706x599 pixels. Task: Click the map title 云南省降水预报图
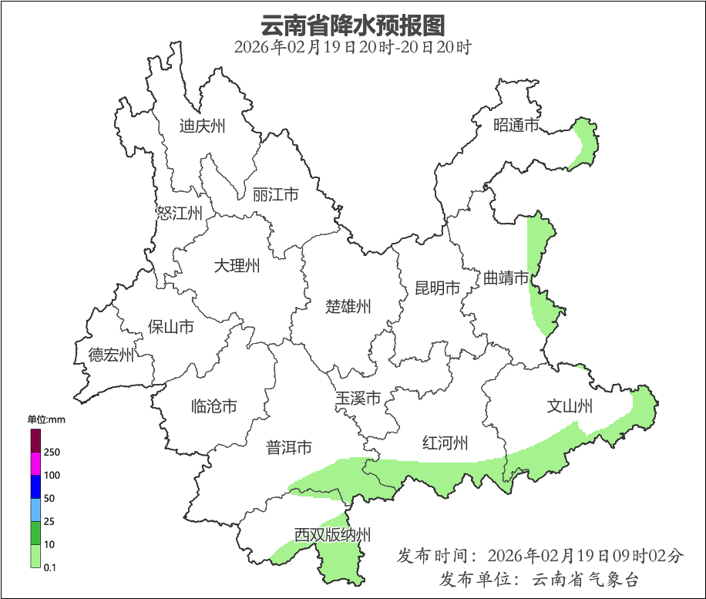352,25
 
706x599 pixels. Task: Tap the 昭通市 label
516,125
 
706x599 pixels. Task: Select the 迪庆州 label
202,126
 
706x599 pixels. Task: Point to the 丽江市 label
275,195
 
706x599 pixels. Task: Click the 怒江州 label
179,213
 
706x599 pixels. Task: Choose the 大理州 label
237,267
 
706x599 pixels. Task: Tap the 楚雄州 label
348,307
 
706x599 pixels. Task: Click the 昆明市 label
437,288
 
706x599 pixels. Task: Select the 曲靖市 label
506,278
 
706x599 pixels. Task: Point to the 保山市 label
170,327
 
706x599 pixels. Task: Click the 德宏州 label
111,355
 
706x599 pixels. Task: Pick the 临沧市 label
213,406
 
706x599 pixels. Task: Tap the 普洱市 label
289,447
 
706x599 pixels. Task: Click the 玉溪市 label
358,399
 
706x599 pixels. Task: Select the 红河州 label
445,443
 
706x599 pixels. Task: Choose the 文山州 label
570,406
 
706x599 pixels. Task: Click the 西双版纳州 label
332,535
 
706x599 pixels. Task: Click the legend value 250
52,452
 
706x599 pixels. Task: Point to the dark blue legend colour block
35,486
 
